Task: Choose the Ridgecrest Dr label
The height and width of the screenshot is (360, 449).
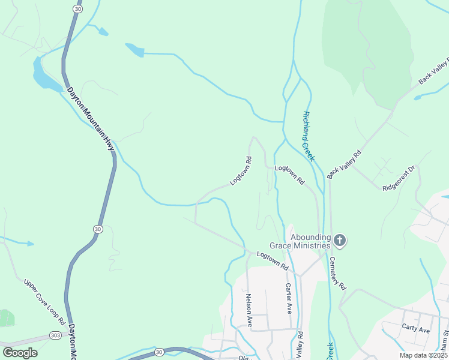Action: click(x=399, y=179)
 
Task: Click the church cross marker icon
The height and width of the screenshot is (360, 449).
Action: click(x=340, y=241)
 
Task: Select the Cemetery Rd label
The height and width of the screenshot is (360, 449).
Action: click(x=339, y=274)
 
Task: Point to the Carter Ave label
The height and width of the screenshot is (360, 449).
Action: click(x=289, y=298)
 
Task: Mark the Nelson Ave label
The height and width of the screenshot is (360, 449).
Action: click(x=249, y=310)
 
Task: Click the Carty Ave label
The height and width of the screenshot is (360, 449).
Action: click(x=416, y=330)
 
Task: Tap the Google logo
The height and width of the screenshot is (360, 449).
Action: click(x=20, y=352)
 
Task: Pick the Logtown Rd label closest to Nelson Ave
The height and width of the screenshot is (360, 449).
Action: click(x=273, y=263)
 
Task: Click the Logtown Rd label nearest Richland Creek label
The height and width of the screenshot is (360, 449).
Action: click(x=290, y=175)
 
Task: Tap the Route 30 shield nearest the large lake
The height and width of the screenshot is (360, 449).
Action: click(x=78, y=9)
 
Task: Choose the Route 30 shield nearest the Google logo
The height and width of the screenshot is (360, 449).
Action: click(x=158, y=352)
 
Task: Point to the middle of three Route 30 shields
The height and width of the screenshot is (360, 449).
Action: click(x=97, y=229)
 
